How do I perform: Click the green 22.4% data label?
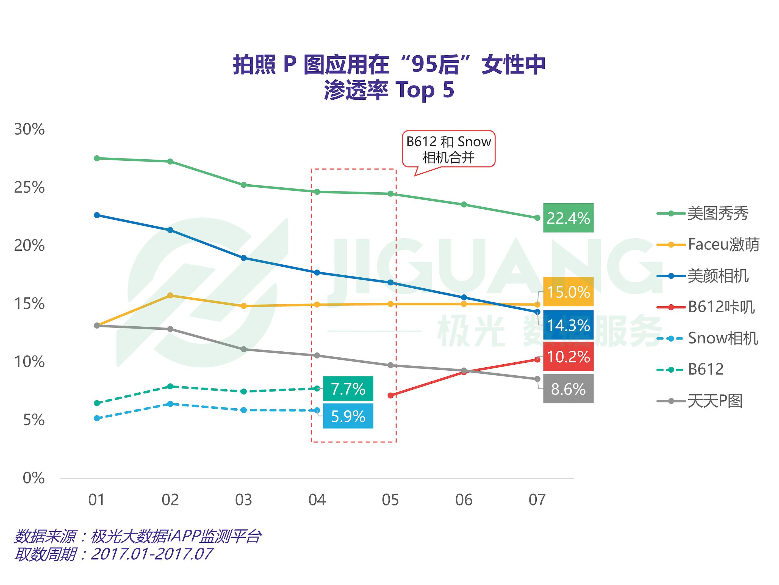coord(568,218)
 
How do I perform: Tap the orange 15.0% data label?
coord(568,292)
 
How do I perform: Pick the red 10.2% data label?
coord(568,357)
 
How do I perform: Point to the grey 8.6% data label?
coord(568,389)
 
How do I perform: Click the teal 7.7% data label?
coord(348,389)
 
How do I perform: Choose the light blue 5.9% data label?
coord(348,416)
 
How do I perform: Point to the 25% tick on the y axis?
coord(30,187)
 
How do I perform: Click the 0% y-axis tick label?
coord(34,478)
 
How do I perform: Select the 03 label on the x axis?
coord(243,500)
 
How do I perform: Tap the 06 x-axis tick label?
coord(464,500)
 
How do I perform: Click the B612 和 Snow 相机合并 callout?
coord(448,149)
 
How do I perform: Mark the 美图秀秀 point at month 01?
coord(97,158)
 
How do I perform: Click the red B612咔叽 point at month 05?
coord(390,396)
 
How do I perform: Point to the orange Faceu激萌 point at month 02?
coord(170,295)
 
